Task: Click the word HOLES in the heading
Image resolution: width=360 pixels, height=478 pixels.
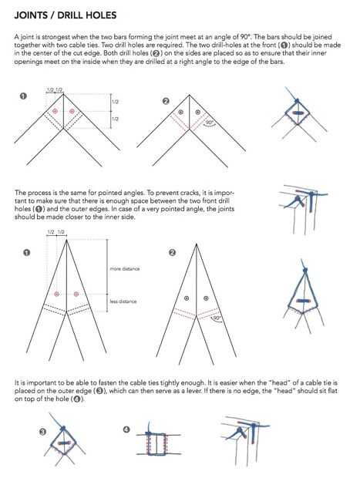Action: tap(102, 15)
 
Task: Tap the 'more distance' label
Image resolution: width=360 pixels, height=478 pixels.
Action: tap(125, 268)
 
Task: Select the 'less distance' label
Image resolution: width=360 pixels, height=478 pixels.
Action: tap(123, 301)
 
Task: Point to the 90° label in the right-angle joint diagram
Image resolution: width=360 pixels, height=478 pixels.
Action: tap(210, 123)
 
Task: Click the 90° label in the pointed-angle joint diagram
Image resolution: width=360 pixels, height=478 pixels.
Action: tap(217, 318)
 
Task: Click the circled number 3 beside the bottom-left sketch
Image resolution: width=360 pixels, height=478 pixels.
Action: tap(42, 432)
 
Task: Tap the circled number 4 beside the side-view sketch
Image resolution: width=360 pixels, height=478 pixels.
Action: tap(126, 429)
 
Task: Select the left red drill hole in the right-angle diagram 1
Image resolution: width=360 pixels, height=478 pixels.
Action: tap(56, 111)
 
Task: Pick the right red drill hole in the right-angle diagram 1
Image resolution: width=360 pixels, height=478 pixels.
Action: tap(72, 111)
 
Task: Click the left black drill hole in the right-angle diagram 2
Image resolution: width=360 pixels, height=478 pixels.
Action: tap(180, 113)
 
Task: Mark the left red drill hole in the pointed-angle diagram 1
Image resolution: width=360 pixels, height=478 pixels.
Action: tap(57, 294)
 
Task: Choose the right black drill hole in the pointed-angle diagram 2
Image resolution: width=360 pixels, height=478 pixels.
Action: tap(206, 298)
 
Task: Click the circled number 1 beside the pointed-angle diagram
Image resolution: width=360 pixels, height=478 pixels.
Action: tap(27, 252)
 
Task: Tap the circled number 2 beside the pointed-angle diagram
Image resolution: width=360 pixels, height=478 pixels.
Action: tap(172, 252)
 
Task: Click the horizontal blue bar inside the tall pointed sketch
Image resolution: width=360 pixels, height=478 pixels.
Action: tap(303, 301)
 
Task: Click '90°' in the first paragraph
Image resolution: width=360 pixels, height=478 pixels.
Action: tap(245, 36)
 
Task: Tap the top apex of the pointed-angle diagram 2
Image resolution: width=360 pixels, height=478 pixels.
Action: tap(197, 244)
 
